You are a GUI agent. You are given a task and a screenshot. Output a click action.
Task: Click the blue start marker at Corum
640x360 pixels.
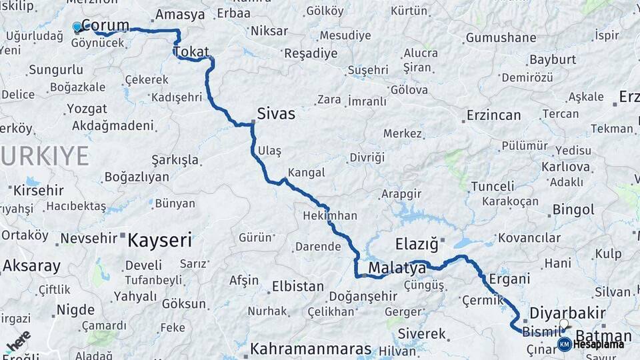[x=77, y=27]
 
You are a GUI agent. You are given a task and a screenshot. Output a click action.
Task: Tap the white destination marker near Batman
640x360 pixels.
[x=564, y=325]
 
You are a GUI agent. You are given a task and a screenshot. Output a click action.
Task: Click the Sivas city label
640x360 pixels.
[x=276, y=113]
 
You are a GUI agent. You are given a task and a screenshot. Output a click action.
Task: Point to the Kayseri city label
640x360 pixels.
[x=159, y=239]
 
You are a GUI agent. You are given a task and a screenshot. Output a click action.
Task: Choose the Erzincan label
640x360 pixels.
[x=493, y=115]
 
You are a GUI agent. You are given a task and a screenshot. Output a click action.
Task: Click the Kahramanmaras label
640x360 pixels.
[x=311, y=349]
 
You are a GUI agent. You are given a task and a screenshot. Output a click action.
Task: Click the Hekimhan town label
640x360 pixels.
[x=330, y=215]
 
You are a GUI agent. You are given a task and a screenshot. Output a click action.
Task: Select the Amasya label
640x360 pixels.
[x=180, y=15]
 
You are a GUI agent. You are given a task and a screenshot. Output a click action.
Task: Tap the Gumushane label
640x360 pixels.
[x=501, y=38]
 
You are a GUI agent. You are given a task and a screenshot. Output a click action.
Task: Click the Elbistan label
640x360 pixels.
[x=297, y=287]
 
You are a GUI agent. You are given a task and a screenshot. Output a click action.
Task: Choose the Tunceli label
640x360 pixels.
[x=493, y=186]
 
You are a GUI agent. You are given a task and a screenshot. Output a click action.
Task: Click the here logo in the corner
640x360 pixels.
[x=18, y=341]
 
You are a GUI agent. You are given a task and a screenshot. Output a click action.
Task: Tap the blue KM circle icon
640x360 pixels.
[x=564, y=344]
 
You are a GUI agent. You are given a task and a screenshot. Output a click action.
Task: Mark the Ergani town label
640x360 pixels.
[x=509, y=279]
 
